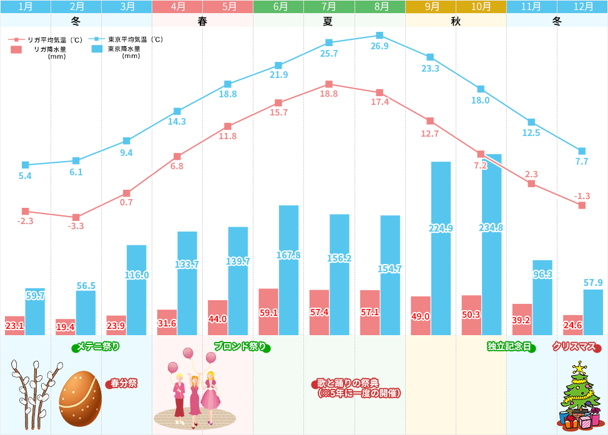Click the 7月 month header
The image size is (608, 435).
point(329,7)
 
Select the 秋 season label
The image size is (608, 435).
point(456,21)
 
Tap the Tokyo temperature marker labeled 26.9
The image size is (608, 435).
point(380,36)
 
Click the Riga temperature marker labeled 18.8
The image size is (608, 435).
point(329,84)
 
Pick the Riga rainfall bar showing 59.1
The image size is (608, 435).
point(268,311)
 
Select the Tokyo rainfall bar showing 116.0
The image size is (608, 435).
point(136,290)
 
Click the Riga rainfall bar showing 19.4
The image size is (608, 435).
point(66,327)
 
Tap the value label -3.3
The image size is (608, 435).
point(76,226)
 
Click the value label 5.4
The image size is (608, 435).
point(26,176)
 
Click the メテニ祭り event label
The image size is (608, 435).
point(97,346)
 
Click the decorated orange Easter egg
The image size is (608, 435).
point(81,398)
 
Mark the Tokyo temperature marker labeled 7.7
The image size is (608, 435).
point(582,151)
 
